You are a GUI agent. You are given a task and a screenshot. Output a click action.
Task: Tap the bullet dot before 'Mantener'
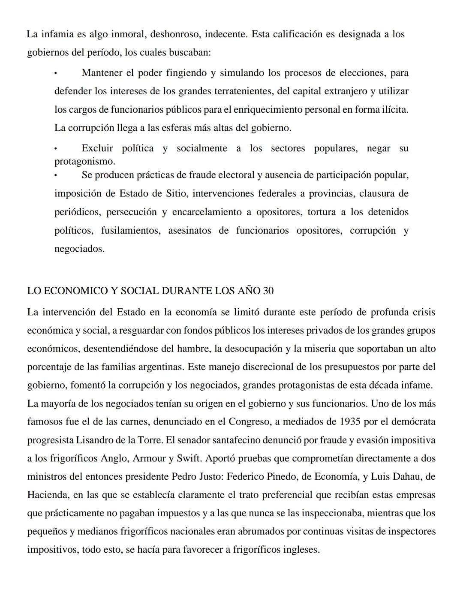point(56,74)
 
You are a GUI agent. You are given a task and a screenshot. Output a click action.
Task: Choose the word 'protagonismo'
point(84,162)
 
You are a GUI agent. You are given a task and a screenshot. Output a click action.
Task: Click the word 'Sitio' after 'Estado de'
point(176,193)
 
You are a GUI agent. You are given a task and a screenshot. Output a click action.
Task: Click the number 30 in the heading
point(268,291)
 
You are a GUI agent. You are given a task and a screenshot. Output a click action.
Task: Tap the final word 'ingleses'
point(301,550)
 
